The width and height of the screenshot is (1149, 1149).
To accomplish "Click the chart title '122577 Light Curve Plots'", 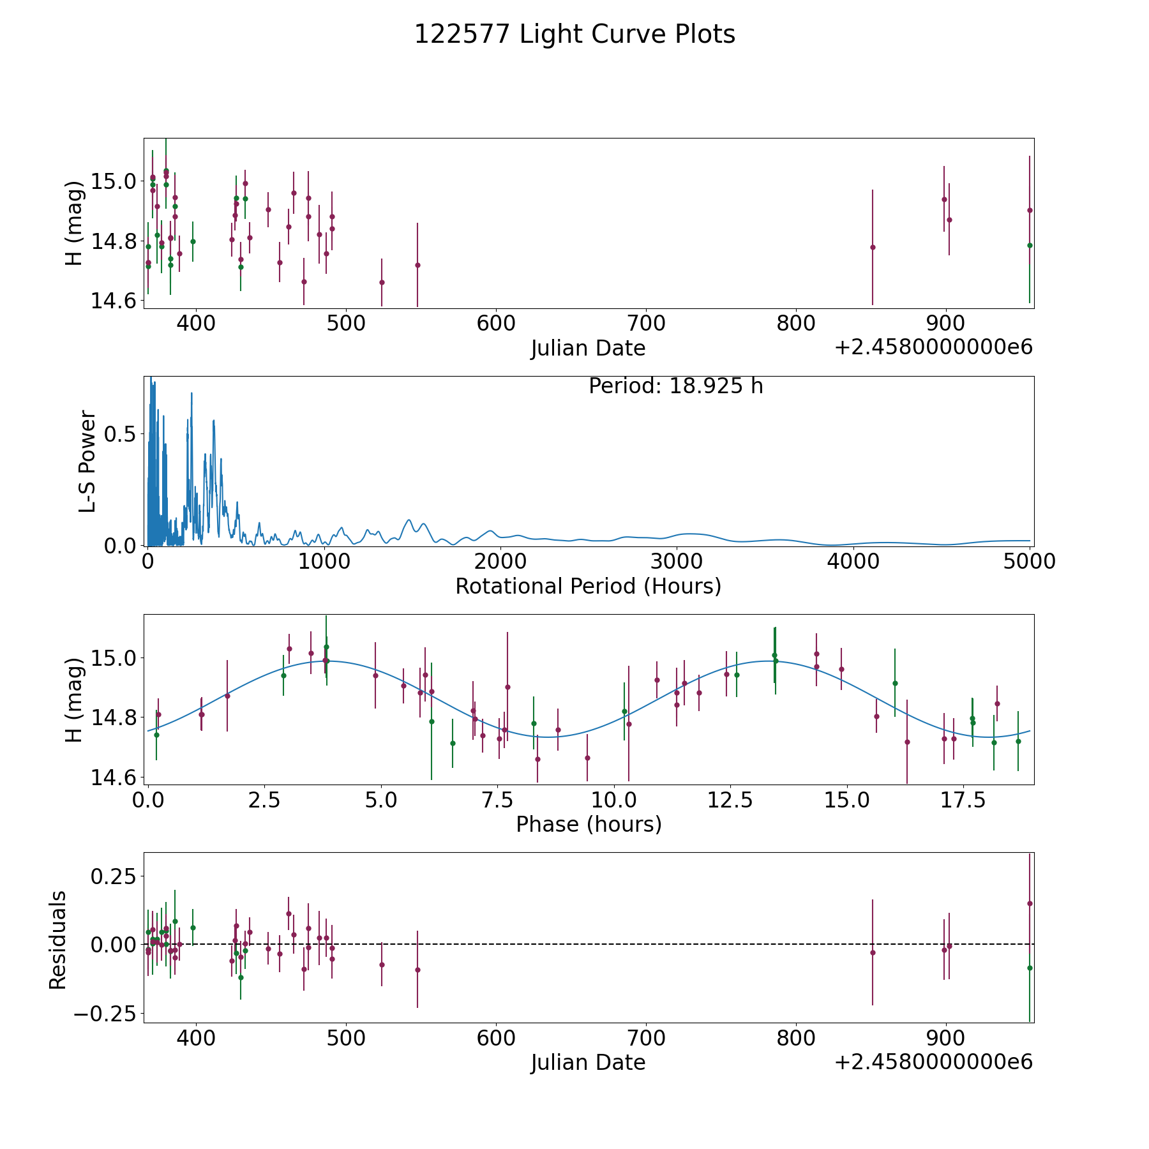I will click(574, 34).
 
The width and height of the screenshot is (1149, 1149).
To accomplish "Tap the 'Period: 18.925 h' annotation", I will click(675, 386).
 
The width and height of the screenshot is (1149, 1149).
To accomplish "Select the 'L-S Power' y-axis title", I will click(88, 462).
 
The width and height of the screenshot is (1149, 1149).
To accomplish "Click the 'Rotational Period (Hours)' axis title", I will click(588, 586).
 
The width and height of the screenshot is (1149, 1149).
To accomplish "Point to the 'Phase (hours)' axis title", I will click(589, 824).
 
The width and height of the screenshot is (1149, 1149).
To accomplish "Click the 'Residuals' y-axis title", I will click(58, 940).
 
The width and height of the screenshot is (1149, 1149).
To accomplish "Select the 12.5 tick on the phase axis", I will click(730, 800).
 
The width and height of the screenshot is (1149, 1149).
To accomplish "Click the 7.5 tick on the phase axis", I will click(497, 800).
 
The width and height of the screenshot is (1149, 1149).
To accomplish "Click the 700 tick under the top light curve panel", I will click(646, 324).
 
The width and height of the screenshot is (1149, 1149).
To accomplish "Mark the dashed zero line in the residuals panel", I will click(638, 944).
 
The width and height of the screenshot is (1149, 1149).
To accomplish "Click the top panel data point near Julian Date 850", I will click(873, 247).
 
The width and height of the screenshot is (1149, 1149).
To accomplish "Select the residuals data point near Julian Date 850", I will click(873, 952).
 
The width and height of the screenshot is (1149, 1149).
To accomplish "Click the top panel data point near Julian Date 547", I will click(417, 265).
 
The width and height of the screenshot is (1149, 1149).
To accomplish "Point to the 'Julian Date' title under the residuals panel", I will click(588, 1062).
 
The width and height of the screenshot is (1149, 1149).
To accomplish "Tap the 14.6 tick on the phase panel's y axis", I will click(114, 777).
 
